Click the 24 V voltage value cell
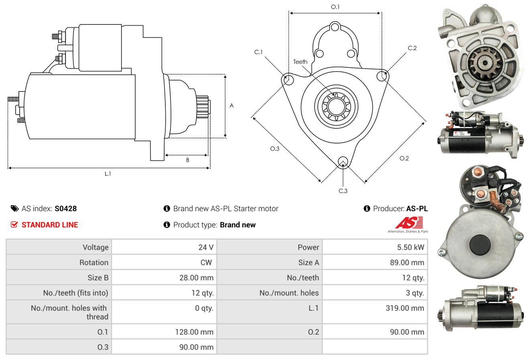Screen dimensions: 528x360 click(x=206, y=247)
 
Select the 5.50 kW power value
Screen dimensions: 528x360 click(x=410, y=247)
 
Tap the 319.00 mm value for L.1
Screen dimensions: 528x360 click(x=405, y=308)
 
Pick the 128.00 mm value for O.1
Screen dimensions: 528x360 click(x=194, y=332)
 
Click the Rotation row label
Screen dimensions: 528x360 click(x=94, y=263)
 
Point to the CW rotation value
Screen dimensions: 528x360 click(x=206, y=263)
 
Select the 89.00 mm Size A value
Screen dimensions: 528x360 click(x=407, y=263)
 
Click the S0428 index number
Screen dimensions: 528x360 click(x=65, y=208)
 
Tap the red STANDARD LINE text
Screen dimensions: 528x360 click(x=50, y=225)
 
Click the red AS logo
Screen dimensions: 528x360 click(x=409, y=222)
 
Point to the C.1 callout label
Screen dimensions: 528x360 click(x=258, y=52)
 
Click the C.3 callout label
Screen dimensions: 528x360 click(x=343, y=191)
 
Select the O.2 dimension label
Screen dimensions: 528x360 click(x=404, y=158)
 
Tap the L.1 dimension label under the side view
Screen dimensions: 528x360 click(x=108, y=174)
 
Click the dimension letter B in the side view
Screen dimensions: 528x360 click(x=188, y=160)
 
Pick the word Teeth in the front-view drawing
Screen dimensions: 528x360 click(x=300, y=62)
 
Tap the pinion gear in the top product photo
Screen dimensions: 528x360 click(x=485, y=63)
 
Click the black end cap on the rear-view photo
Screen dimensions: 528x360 click(x=480, y=245)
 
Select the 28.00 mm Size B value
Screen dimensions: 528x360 click(x=196, y=277)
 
